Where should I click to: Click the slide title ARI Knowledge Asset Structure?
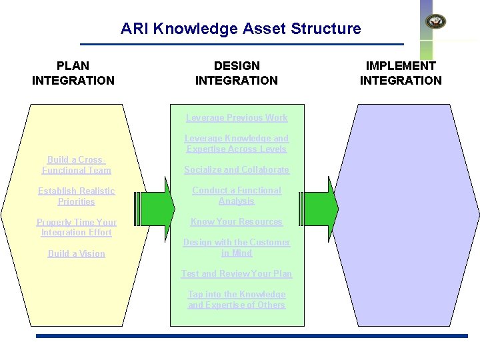pyautogui.click(x=241, y=29)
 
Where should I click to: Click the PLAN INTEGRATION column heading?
pyautogui.click(x=73, y=73)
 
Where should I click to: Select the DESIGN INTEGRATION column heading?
pyautogui.click(x=237, y=73)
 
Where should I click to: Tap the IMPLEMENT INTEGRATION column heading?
pyautogui.click(x=401, y=73)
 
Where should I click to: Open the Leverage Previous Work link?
pyautogui.click(x=237, y=118)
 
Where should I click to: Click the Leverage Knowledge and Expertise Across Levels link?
pyautogui.click(x=237, y=144)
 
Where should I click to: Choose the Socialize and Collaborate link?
pyautogui.click(x=237, y=170)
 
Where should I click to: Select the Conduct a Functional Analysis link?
pyautogui.click(x=237, y=195)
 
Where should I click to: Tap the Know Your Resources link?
pyautogui.click(x=237, y=222)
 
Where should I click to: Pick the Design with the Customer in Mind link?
pyautogui.click(x=237, y=248)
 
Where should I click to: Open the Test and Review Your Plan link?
pyautogui.click(x=237, y=274)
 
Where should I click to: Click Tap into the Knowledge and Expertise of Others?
pyautogui.click(x=237, y=300)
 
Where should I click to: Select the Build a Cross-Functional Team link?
pyautogui.click(x=77, y=165)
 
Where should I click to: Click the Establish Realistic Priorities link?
pyautogui.click(x=77, y=196)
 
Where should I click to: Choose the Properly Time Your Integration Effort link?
pyautogui.click(x=77, y=227)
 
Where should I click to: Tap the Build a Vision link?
pyautogui.click(x=77, y=254)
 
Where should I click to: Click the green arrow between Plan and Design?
pyautogui.click(x=156, y=208)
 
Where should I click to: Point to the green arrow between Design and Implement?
pyautogui.click(x=320, y=208)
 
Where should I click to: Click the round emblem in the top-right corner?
pyautogui.click(x=436, y=21)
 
